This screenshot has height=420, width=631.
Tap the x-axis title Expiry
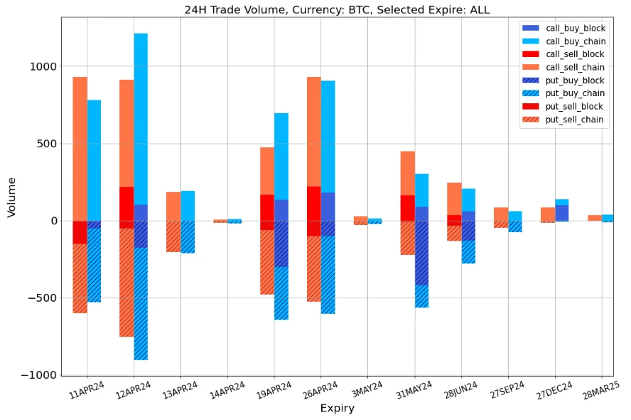point(337,408)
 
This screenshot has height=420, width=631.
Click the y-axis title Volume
point(11,197)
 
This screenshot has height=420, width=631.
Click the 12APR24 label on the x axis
point(134,390)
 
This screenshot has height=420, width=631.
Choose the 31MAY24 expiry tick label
point(414,390)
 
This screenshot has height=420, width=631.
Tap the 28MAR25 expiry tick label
point(601,390)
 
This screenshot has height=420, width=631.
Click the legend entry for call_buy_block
point(574,28)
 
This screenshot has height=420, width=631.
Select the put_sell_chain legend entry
point(574,120)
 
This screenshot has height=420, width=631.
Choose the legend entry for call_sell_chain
point(574,68)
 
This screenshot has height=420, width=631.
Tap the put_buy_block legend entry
point(574,80)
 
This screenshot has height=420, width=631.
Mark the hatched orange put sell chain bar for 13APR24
point(173,236)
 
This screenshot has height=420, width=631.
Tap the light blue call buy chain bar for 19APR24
point(281,156)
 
